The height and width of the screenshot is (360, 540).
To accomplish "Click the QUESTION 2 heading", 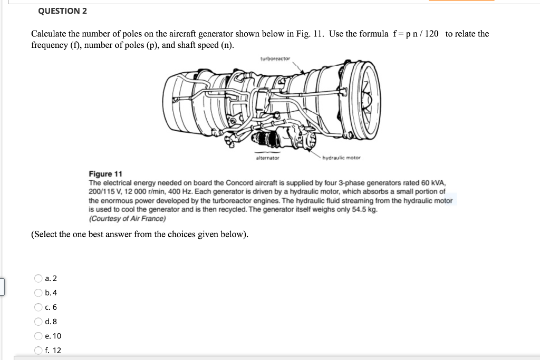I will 63,11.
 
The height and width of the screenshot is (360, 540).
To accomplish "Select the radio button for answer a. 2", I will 38,278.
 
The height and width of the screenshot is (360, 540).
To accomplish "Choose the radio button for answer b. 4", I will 38,293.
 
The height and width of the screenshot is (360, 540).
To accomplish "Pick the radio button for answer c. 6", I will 38,307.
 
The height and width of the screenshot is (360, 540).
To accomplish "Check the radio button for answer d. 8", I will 38,322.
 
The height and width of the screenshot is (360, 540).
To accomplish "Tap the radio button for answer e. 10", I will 38,336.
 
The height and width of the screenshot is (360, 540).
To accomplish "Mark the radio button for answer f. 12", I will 38,350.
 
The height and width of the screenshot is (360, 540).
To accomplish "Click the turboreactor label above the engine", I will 275,59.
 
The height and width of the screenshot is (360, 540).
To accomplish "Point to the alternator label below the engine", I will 267,158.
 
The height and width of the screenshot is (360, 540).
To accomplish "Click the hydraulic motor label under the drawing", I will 341,158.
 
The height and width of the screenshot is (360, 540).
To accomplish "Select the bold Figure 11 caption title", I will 105,174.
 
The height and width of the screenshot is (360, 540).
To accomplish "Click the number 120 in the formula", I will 431,34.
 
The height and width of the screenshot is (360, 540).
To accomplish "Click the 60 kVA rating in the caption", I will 434,183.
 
